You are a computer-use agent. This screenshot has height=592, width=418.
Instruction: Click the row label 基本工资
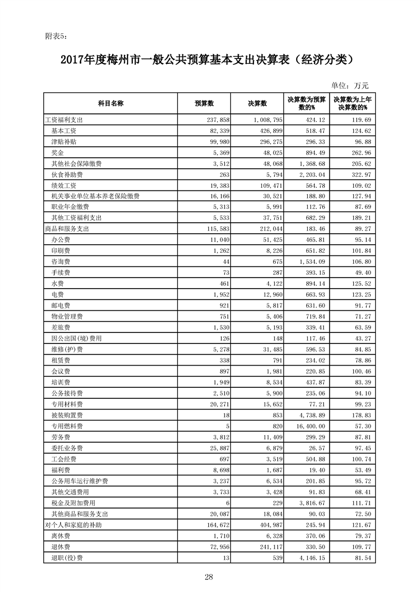[64, 131]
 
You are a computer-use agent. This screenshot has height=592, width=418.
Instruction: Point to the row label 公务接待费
[67, 393]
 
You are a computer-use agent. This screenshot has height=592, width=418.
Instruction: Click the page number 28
[209, 577]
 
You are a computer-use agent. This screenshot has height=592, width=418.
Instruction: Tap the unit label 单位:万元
[350, 85]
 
